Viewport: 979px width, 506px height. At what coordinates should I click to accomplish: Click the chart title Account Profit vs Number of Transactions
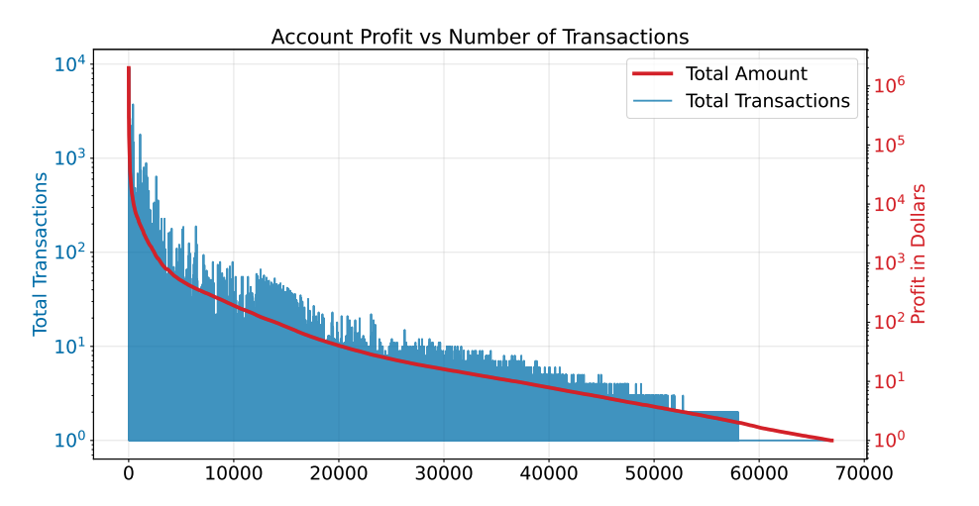click(x=480, y=38)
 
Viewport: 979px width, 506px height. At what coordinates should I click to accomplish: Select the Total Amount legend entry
click(x=745, y=74)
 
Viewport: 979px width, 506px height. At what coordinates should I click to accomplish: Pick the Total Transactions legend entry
click(x=767, y=101)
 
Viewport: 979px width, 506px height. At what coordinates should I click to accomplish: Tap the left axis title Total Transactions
click(x=41, y=253)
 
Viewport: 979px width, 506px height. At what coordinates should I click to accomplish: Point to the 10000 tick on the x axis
click(x=234, y=473)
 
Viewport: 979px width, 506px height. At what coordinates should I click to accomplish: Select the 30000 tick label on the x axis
click(x=444, y=473)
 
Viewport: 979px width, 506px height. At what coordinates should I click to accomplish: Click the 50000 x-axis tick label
click(x=654, y=473)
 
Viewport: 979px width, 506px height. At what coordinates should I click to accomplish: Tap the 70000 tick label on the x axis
click(x=864, y=473)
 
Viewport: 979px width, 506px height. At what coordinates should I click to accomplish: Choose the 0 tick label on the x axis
click(x=129, y=473)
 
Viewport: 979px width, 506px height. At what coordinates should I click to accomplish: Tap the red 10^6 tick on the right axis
click(x=890, y=85)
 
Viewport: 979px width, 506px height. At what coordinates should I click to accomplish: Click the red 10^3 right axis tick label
click(x=890, y=262)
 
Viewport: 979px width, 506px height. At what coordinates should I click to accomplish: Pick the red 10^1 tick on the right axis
click(x=890, y=381)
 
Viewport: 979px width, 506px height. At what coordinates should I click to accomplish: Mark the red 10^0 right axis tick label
click(x=890, y=440)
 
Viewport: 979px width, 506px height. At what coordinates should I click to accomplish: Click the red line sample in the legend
click(x=651, y=74)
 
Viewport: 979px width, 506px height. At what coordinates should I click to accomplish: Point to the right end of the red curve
click(x=832, y=441)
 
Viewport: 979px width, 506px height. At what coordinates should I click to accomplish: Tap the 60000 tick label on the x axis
click(x=759, y=473)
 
